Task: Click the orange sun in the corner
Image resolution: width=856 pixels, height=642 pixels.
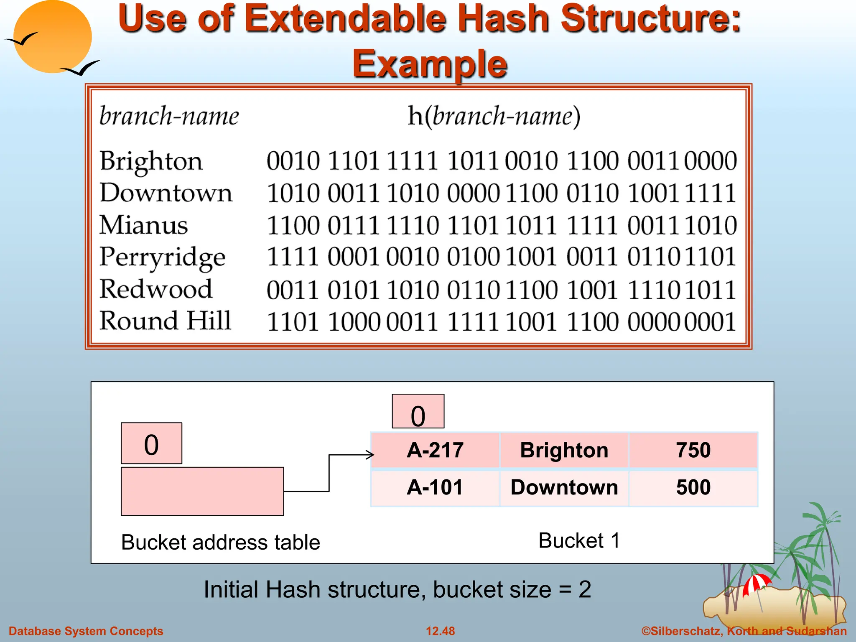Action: point(52,36)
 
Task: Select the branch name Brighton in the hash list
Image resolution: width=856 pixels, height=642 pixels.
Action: point(151,161)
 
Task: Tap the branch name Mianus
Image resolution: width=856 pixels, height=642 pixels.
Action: point(143,225)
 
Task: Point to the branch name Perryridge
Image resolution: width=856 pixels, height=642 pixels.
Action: point(162,257)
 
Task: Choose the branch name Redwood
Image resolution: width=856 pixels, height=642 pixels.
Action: point(155,289)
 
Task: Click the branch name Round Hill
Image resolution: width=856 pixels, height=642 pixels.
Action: point(165,321)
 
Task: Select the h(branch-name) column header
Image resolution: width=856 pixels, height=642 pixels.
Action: point(494,116)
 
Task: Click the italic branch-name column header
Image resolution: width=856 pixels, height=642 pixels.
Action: point(169,116)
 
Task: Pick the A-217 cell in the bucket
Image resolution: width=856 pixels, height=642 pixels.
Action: point(435,450)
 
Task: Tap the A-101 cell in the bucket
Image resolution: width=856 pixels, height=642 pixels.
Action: point(435,487)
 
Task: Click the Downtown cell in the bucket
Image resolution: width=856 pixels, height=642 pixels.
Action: point(564,487)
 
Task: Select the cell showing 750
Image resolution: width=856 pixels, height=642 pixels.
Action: point(693,450)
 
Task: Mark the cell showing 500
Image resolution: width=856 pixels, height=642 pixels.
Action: point(693,487)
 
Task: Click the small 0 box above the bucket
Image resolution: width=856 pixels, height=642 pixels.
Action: point(418,412)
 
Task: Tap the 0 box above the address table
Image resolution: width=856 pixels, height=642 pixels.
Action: point(151,443)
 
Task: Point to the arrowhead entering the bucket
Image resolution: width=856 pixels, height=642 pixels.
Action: point(371,455)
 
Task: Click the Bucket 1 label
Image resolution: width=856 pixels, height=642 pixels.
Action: point(579,540)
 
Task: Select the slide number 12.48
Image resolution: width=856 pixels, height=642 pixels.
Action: point(440,631)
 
